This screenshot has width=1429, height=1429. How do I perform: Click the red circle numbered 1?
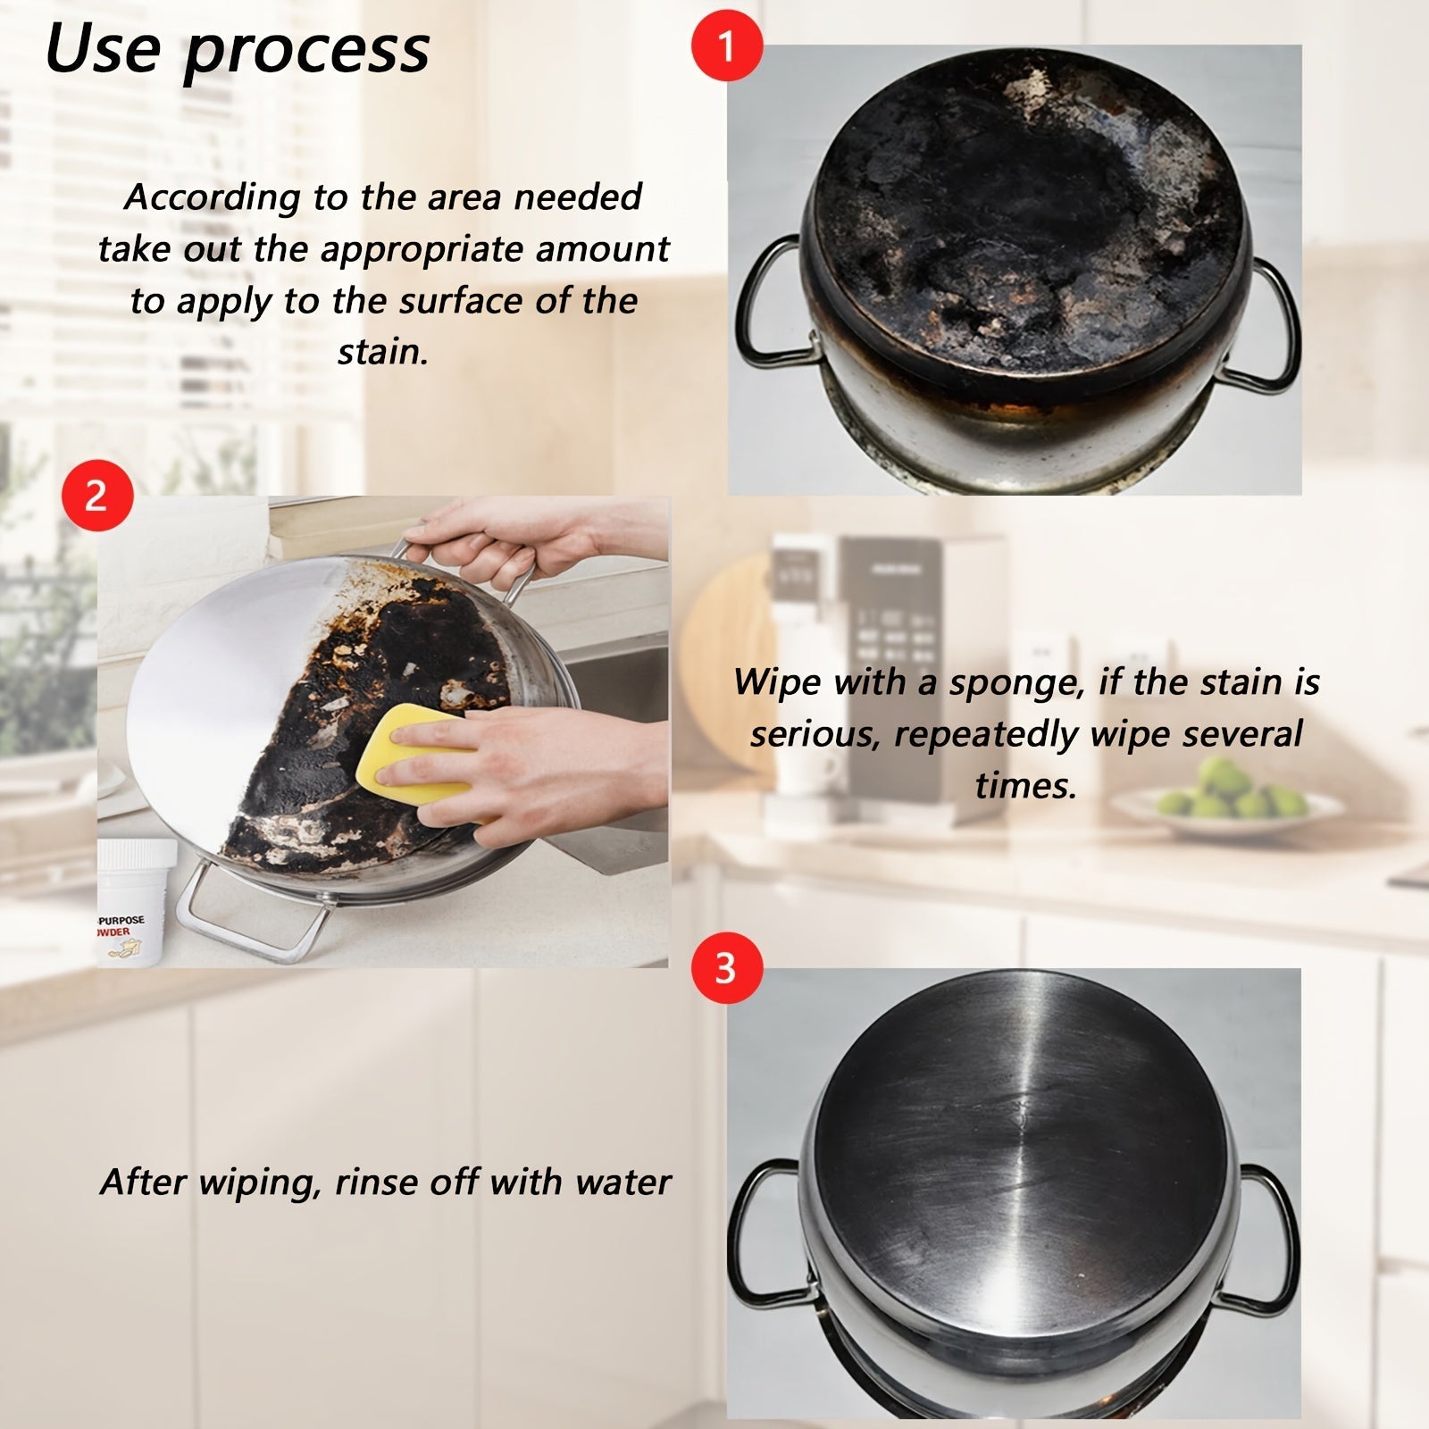click(727, 46)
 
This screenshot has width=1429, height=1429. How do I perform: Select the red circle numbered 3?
click(727, 968)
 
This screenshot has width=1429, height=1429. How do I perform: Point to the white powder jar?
click(137, 902)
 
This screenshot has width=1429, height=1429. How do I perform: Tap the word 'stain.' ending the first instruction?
click(383, 352)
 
